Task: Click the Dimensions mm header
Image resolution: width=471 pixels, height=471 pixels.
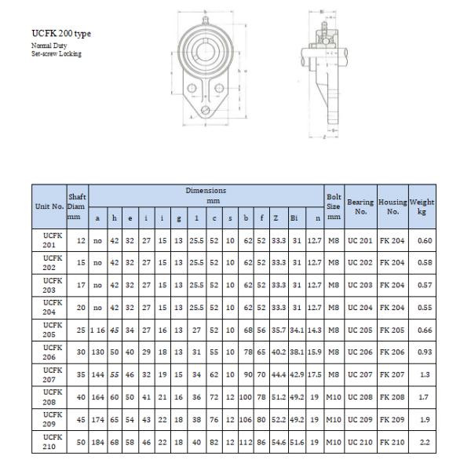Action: [206, 195]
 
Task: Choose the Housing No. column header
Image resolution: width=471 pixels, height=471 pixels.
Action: [392, 206]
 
